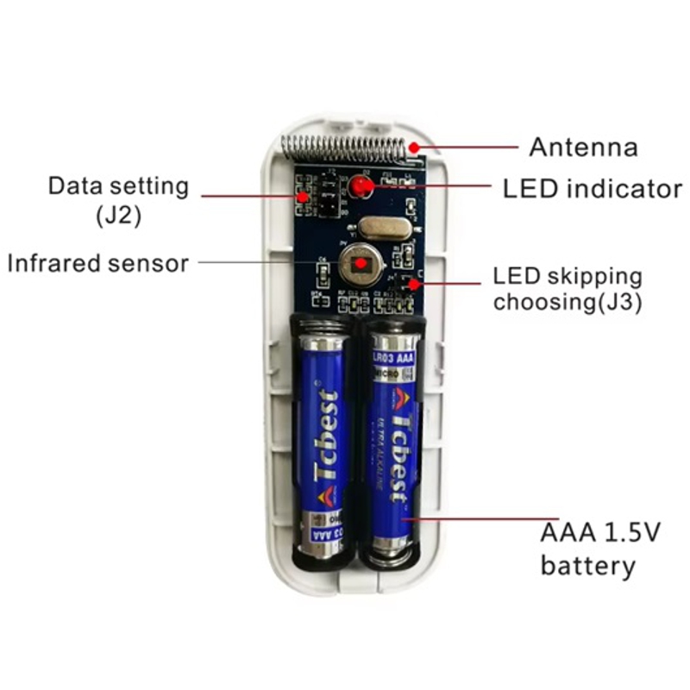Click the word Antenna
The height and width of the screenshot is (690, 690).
tap(583, 147)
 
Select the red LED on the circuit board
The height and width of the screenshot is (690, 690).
tap(357, 185)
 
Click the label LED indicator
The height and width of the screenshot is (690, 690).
tap(592, 189)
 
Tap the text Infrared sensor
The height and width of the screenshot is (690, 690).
tap(97, 263)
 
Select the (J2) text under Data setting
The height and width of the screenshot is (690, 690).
tap(118, 216)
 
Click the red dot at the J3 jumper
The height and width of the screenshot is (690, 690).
tap(415, 283)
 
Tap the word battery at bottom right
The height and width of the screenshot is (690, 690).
tap(587, 566)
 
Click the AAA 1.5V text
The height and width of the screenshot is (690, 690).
tap(600, 532)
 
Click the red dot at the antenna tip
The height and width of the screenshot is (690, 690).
tap(416, 147)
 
